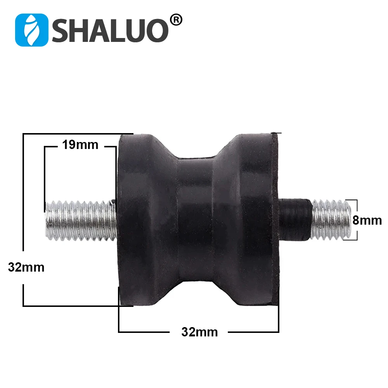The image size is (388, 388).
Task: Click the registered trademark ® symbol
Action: pos(175,20)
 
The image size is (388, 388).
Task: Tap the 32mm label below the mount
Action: pos(199,332)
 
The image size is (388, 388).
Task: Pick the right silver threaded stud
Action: pos(332,219)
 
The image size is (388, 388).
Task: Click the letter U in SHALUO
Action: pos(136,30)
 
